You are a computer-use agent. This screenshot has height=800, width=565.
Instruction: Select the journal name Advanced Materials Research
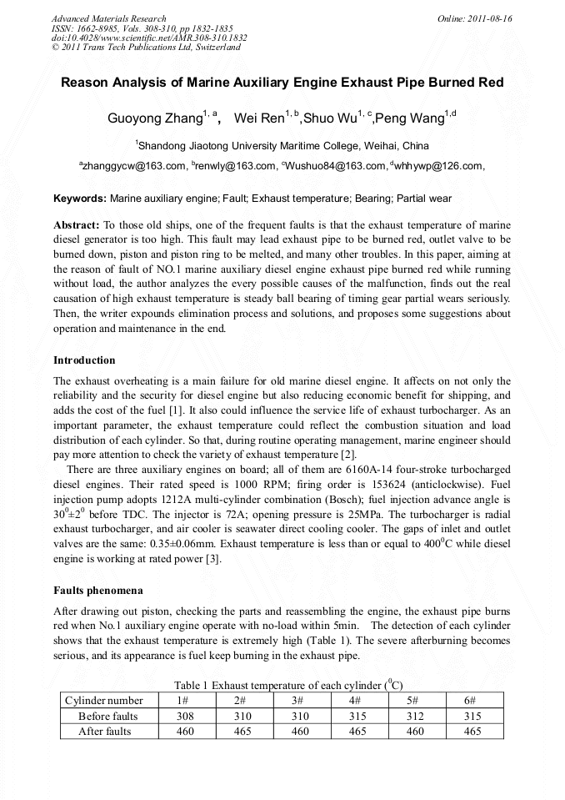click(109, 18)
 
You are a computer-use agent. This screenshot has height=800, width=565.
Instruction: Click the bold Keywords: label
click(80, 199)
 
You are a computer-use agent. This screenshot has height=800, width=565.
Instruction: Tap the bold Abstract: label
click(77, 226)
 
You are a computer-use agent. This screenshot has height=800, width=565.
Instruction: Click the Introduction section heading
click(84, 360)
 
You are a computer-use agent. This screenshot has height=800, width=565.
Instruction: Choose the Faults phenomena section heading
click(98, 590)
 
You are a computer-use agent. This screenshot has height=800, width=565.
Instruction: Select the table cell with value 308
click(185, 716)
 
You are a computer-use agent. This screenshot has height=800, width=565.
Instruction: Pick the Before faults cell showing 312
click(414, 716)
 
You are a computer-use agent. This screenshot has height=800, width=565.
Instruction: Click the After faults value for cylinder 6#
click(472, 732)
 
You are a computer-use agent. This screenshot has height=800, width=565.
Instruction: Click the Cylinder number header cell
click(104, 701)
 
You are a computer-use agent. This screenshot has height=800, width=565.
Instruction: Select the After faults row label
click(105, 732)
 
